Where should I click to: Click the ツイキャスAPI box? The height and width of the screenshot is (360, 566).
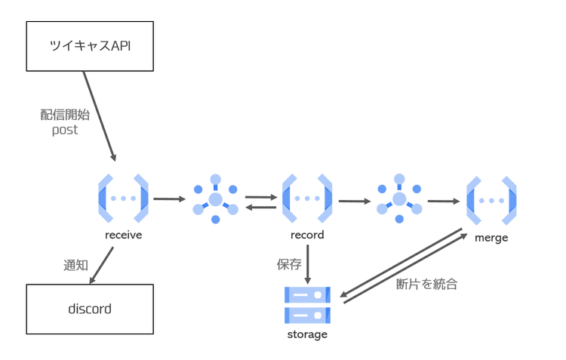[x=90, y=45]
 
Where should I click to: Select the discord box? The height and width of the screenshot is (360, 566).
[x=90, y=309]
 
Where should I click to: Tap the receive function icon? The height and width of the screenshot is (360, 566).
[x=123, y=198]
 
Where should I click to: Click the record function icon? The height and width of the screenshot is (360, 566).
[x=307, y=198]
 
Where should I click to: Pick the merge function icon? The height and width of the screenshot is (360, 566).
[x=491, y=201]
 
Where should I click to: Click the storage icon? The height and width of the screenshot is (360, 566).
[x=307, y=305]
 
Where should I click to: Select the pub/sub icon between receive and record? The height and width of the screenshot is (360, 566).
[x=215, y=199]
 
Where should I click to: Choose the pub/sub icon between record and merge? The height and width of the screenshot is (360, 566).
[x=399, y=200]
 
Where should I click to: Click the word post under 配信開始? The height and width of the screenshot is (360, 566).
[x=65, y=130]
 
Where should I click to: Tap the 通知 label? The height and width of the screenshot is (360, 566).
[x=76, y=266]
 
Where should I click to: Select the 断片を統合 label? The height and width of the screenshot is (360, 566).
[x=426, y=285]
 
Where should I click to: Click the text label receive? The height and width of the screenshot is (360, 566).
[x=124, y=235]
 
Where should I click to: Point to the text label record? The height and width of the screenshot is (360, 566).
[x=307, y=235]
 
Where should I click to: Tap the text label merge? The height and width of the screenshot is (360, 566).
[x=491, y=238]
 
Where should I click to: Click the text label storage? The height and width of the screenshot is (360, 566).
[x=307, y=334]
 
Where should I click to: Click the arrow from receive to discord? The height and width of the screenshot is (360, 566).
[x=101, y=266]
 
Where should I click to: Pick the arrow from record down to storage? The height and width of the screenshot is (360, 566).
[x=307, y=263]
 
